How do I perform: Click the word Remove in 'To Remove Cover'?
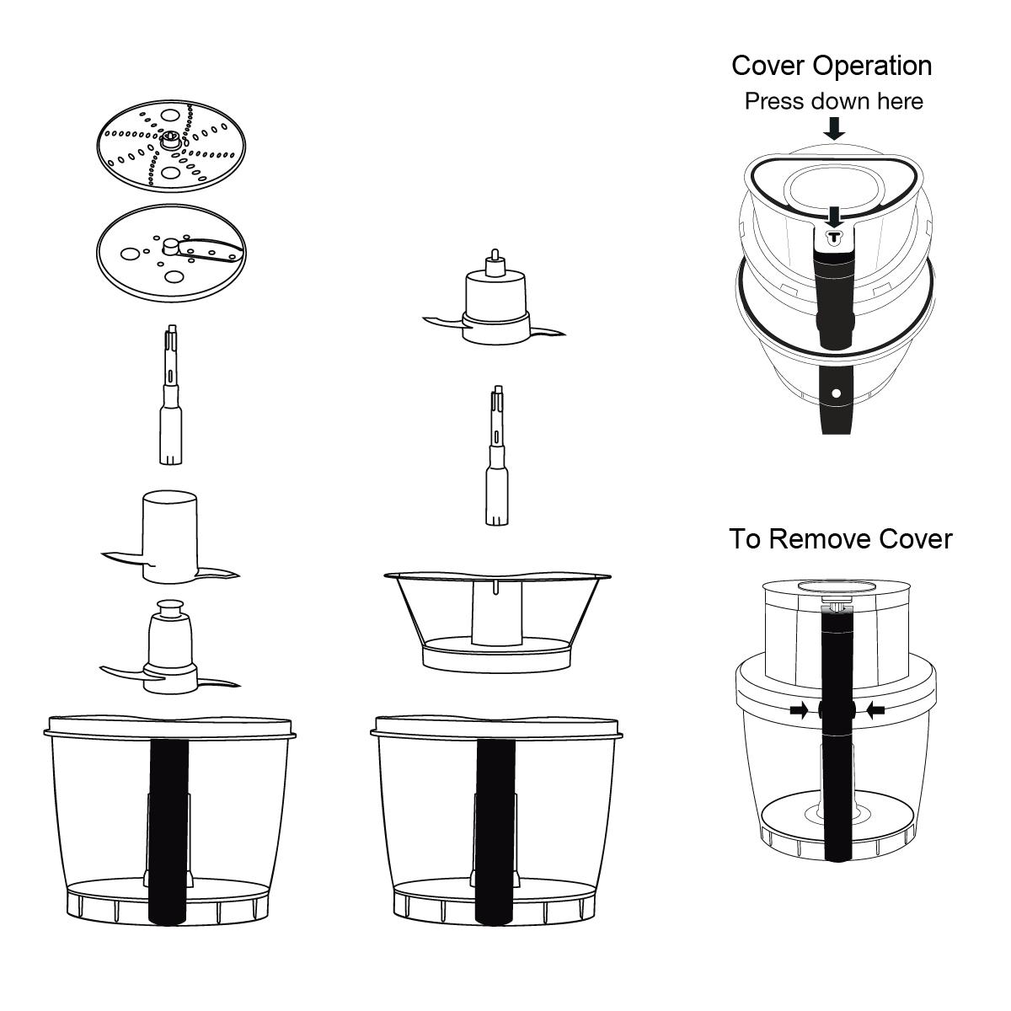(821, 538)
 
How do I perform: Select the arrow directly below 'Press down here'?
(834, 129)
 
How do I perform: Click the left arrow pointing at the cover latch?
(799, 711)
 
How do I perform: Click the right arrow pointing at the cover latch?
(876, 711)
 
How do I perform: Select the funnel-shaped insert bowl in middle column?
(497, 619)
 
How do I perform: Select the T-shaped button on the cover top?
(834, 237)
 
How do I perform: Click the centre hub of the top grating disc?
(171, 139)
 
